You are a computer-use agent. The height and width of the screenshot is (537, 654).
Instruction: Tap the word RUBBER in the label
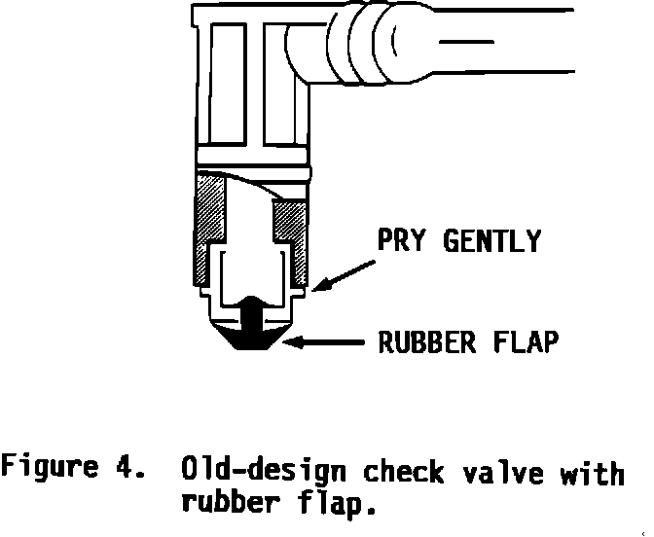pos(412,343)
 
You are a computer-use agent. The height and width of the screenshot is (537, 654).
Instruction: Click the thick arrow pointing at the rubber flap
pos(326,342)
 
